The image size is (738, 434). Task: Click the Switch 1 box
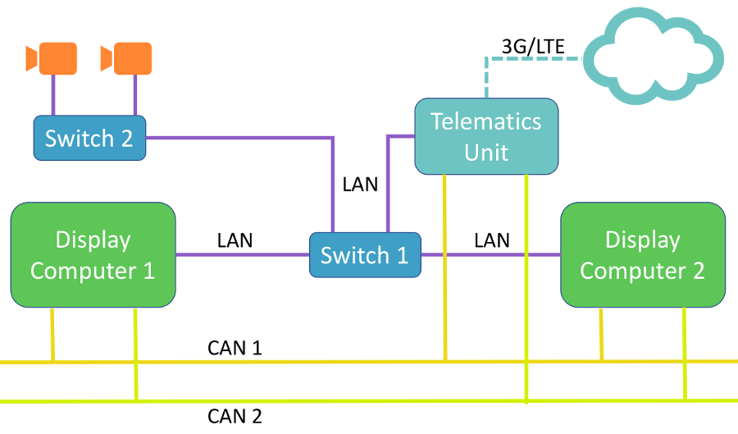point(365,254)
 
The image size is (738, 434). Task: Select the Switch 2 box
point(89,138)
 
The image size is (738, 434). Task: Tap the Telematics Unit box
point(486,136)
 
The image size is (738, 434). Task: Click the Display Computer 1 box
point(93,255)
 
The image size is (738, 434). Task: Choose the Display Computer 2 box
point(642,255)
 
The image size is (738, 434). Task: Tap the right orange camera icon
point(127,58)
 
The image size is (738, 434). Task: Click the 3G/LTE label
point(533,47)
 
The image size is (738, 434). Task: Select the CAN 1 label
point(235,348)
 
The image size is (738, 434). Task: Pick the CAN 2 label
point(235,416)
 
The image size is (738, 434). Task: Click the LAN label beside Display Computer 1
point(235,240)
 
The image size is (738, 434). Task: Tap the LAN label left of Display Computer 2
point(492,240)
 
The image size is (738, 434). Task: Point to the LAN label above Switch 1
point(360,184)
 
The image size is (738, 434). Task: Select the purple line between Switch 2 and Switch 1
point(246,138)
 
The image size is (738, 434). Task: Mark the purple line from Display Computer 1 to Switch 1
point(242,254)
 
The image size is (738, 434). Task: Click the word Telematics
point(486,121)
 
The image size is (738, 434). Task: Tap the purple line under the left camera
point(54,95)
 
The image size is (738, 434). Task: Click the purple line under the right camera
point(134,95)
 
